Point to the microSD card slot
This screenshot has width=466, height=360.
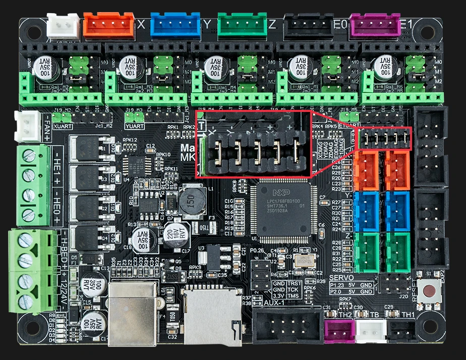pyautogui.click(x=215, y=313)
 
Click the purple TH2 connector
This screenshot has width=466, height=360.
pyautogui.click(x=338, y=330)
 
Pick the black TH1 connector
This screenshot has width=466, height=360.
pyautogui.click(x=402, y=330)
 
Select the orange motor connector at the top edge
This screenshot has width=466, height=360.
pyautogui.click(x=109, y=25)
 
